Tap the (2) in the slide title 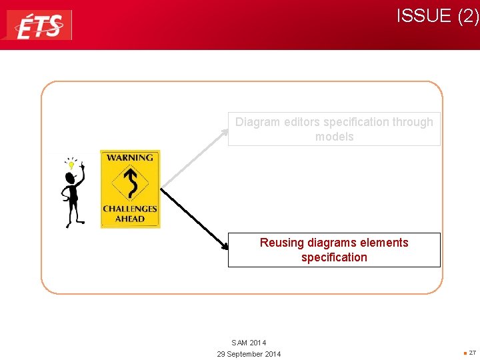[468, 16]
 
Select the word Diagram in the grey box [257, 122]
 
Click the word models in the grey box [334, 137]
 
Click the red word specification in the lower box [334, 257]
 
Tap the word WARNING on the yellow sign [130, 158]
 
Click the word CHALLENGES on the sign [130, 209]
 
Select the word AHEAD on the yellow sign [130, 219]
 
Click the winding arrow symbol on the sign [130, 183]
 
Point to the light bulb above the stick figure [70, 163]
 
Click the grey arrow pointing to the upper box [193, 159]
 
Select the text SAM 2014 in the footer [249, 343]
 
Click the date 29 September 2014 [249, 354]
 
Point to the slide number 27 [471, 353]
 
